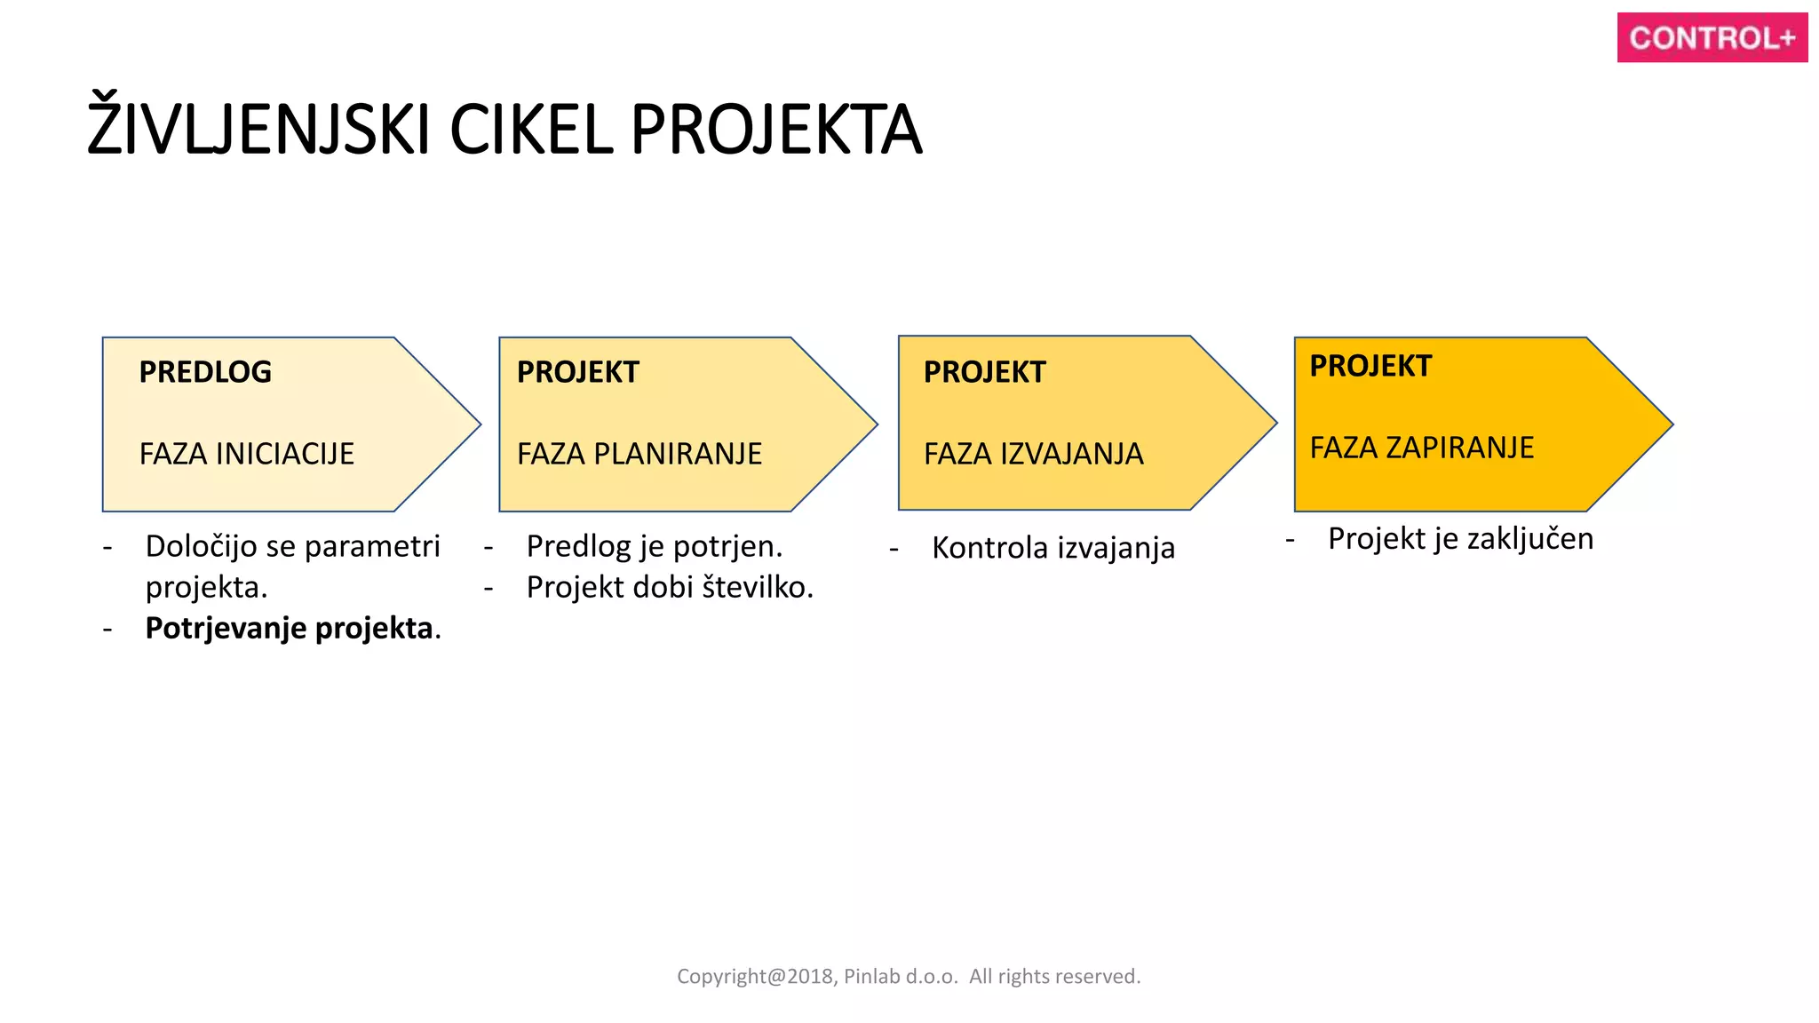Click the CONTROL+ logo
(x=1712, y=37)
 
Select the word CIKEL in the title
(x=530, y=130)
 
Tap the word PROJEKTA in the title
(x=776, y=130)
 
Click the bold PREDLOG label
(x=205, y=372)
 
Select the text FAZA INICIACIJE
(x=246, y=454)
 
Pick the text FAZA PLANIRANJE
(x=639, y=454)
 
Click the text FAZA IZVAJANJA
(x=1033, y=454)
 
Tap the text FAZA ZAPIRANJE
(x=1421, y=448)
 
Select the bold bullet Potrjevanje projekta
(x=292, y=628)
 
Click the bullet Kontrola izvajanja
(x=1052, y=548)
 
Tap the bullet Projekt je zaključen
(x=1460, y=538)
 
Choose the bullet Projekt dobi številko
(x=669, y=587)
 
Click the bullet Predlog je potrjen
(x=654, y=546)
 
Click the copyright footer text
(x=908, y=976)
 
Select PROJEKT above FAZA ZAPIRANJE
(x=1370, y=366)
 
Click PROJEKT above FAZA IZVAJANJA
(x=984, y=372)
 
